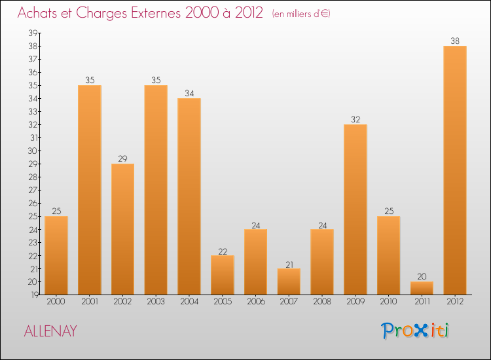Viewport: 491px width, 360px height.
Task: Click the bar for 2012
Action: tap(455, 170)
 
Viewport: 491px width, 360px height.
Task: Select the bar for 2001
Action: tap(89, 190)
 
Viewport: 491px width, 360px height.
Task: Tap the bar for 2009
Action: tap(355, 209)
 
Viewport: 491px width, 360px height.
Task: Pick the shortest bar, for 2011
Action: tap(422, 288)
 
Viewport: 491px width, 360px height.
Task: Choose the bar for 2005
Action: tap(222, 275)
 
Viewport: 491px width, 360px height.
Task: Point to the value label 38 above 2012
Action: tap(455, 41)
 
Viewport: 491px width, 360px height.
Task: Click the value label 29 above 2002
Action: tap(122, 158)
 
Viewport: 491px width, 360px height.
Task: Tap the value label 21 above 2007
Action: tap(289, 263)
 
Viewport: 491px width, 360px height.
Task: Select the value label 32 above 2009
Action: tap(355, 119)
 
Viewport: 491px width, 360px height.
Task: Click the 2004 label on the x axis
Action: tap(189, 301)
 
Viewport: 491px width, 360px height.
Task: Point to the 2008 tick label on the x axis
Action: tap(321, 301)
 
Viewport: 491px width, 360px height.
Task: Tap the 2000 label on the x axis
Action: tap(56, 301)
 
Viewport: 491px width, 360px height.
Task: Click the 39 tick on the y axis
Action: tap(32, 33)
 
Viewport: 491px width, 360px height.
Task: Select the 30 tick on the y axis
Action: tap(32, 151)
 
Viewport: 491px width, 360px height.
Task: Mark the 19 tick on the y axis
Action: tap(32, 295)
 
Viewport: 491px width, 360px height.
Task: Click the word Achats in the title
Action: tap(38, 14)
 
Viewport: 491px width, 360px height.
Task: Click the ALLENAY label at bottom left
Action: tap(50, 331)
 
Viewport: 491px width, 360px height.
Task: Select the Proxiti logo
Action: tap(416, 331)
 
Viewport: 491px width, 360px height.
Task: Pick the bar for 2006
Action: tap(255, 262)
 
